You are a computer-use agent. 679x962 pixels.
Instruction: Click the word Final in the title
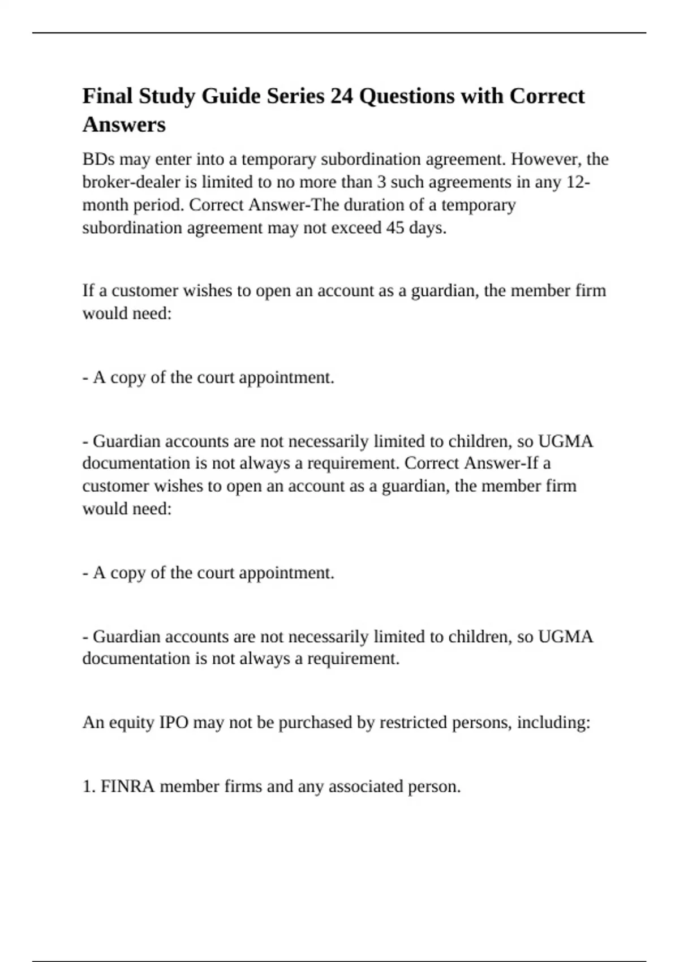pos(108,96)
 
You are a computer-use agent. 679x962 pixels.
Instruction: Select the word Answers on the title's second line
pos(124,124)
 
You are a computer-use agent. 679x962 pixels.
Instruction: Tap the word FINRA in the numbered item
pos(128,787)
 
